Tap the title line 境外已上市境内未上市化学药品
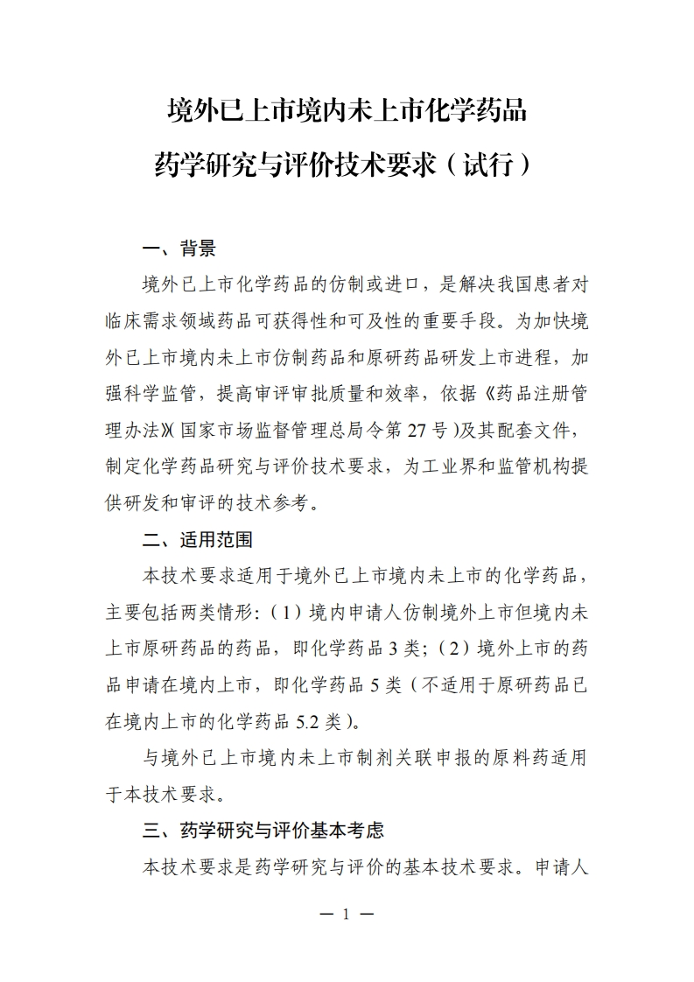coord(347,112)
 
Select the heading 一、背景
coord(179,249)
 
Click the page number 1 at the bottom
coord(347,915)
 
